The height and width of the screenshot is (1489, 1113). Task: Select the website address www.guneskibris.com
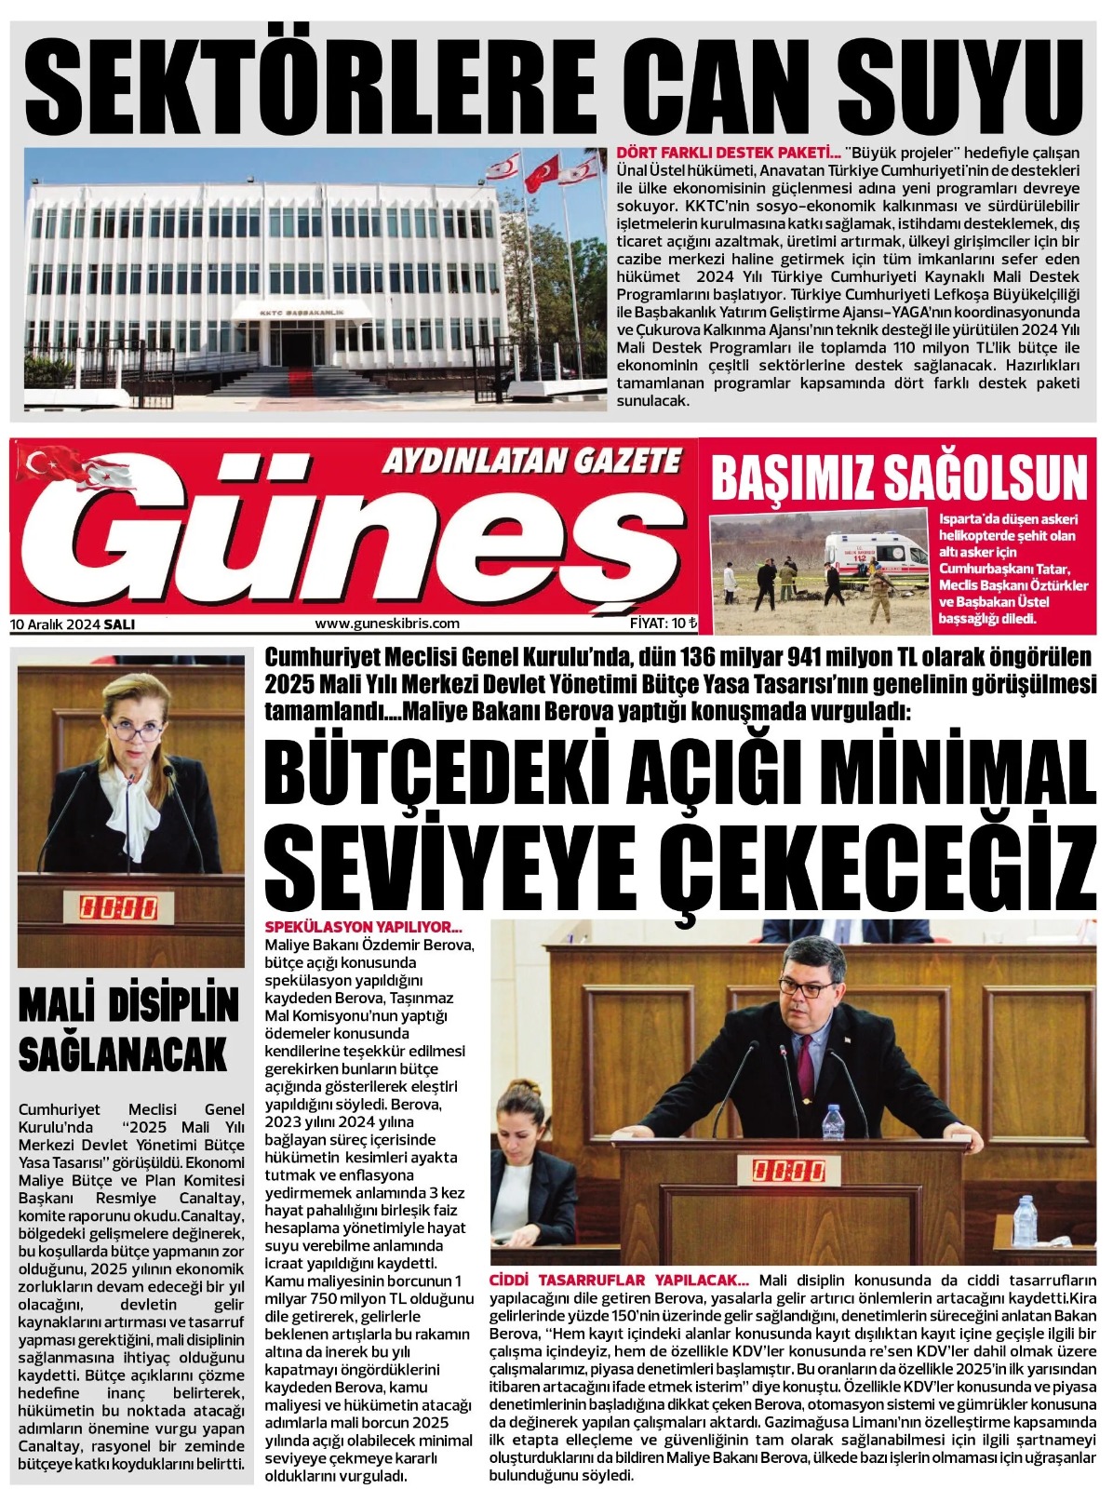coord(387,624)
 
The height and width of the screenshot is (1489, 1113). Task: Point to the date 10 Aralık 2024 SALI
coord(73,624)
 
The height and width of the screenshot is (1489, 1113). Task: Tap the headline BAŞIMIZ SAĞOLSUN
coord(899,477)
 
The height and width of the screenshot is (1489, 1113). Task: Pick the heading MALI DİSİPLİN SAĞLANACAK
coord(129,1030)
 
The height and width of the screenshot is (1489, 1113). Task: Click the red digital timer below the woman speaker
coord(118,905)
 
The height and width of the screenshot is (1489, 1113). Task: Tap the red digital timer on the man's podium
coord(789,1170)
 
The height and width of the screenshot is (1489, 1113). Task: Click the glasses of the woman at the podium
coord(136,732)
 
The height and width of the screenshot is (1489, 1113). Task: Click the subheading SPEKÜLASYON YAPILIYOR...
coord(364,928)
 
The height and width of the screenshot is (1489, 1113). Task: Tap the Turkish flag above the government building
coord(543,172)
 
